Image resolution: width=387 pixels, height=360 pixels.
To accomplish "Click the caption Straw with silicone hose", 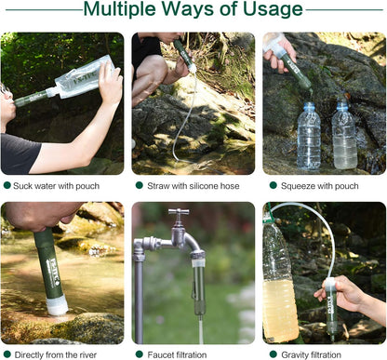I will (x=193, y=186).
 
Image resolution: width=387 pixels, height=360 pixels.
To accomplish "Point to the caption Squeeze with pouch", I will (x=319, y=186).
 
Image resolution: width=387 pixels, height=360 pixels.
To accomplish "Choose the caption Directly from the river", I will (x=62, y=354).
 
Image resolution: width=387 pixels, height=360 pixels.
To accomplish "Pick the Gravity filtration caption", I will (x=314, y=354).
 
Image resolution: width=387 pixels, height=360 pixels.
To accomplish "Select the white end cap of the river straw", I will (x=57, y=304).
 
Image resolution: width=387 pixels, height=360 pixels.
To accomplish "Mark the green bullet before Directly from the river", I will (x=7, y=354).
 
